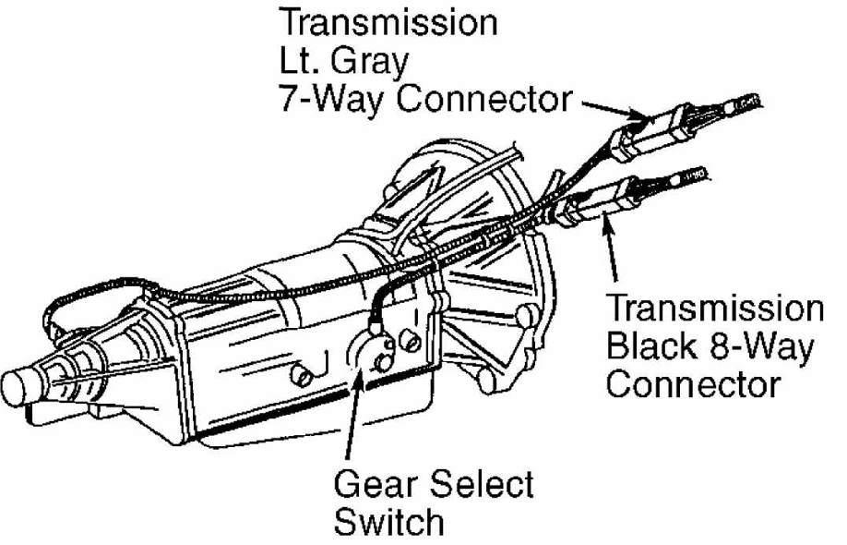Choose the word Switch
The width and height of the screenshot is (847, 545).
(x=388, y=522)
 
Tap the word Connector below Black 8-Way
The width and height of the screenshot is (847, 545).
(x=693, y=384)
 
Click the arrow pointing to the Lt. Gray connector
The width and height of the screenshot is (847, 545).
(x=614, y=109)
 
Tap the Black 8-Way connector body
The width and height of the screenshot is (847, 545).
(x=601, y=202)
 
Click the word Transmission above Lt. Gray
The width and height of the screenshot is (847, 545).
(x=388, y=23)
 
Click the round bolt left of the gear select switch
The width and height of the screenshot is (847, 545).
(x=302, y=375)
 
